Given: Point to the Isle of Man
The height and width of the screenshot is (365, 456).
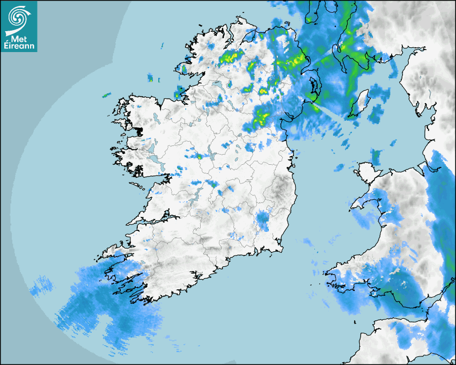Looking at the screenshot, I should [x=362, y=102].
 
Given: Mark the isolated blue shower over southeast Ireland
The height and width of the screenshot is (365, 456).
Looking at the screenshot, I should [x=262, y=220].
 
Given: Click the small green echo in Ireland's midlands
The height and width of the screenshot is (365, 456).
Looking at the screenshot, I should [x=198, y=157].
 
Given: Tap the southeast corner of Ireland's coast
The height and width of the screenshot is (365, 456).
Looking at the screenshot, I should [x=280, y=248].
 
